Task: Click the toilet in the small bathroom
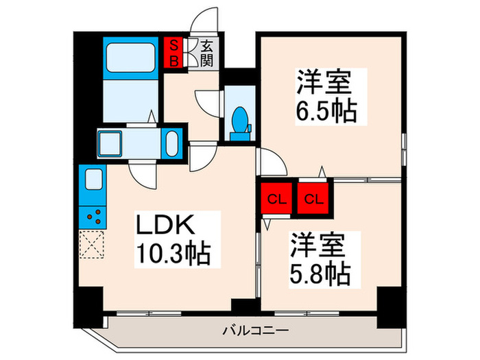240,122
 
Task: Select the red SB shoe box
175,53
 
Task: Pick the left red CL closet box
276,200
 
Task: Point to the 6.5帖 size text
327,110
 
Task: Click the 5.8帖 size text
320,273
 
